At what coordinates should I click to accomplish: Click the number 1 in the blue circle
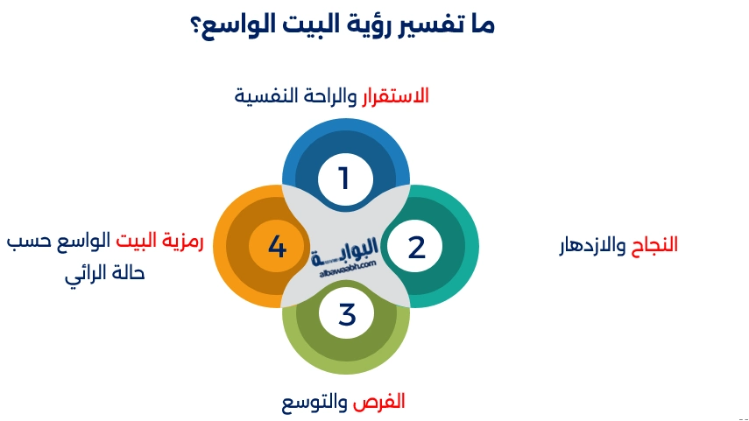(344, 179)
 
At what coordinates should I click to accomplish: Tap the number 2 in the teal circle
(416, 247)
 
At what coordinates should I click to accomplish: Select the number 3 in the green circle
(347, 313)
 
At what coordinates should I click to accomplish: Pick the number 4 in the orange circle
(277, 247)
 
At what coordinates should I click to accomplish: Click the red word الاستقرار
(396, 95)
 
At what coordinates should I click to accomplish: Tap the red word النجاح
(654, 245)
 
